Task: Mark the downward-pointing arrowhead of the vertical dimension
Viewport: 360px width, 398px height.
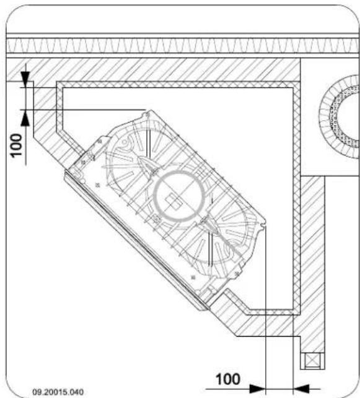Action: coord(25,76)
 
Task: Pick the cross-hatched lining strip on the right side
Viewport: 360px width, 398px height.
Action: coord(296,186)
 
